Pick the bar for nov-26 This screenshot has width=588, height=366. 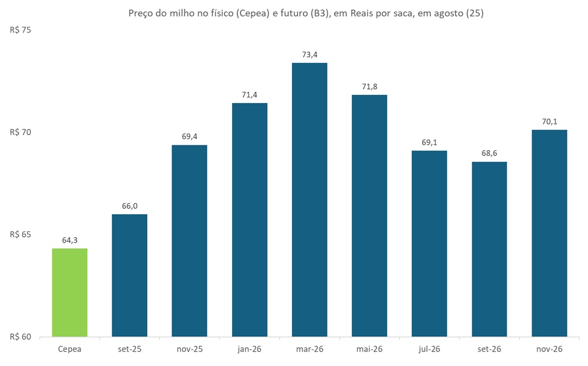(x=549, y=233)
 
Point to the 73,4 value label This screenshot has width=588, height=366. (x=309, y=55)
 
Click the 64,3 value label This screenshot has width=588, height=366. (x=70, y=240)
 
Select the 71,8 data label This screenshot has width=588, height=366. (x=369, y=87)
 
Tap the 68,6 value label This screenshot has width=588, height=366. (x=489, y=154)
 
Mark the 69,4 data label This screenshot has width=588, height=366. (x=190, y=137)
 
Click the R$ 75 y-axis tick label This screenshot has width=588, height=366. (x=20, y=30)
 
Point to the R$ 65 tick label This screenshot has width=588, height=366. (x=20, y=235)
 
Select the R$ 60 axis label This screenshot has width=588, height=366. (x=20, y=337)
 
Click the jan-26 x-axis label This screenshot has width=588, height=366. (x=250, y=349)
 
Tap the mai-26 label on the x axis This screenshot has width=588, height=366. (x=369, y=349)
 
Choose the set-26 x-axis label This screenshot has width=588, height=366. (x=489, y=349)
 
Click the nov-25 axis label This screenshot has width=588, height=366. (x=190, y=349)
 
